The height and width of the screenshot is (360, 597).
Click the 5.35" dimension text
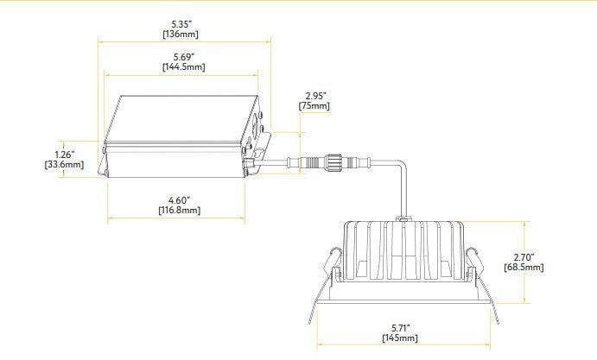point(181,23)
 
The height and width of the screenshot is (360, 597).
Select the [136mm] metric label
point(181,34)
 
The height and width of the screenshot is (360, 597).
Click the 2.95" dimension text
point(314,95)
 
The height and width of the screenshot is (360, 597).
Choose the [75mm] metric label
point(314,105)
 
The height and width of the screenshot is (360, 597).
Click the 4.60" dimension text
point(179,200)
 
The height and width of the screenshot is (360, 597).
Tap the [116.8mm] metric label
point(179,211)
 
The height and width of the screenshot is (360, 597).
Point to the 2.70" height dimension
point(524,257)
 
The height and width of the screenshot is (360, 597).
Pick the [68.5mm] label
point(524,268)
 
